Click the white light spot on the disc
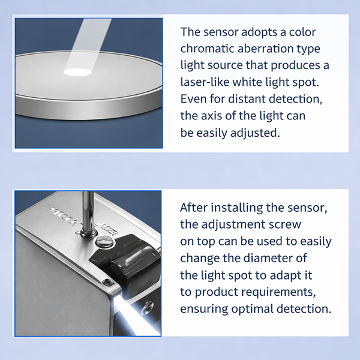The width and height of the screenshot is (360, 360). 77,73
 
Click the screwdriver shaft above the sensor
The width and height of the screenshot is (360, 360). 88,211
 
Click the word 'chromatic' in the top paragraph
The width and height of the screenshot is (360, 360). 207,49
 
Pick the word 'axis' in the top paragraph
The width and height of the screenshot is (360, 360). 211,116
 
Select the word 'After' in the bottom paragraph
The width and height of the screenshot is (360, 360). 194,208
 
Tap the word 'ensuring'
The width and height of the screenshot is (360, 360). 204,309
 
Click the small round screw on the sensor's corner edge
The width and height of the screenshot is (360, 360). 107,282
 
